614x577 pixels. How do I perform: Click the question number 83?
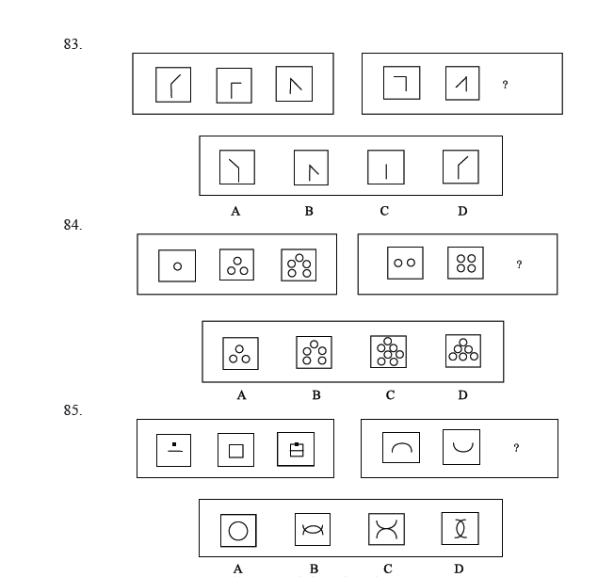[x=73, y=44]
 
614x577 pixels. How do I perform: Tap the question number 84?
[x=73, y=225]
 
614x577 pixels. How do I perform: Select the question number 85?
[x=73, y=410]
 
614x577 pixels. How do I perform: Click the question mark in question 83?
[x=505, y=84]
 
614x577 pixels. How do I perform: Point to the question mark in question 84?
[x=519, y=264]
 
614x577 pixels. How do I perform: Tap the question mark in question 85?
[x=516, y=447]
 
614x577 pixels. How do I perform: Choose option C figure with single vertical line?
[x=386, y=168]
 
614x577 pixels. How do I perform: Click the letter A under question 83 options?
[x=235, y=212]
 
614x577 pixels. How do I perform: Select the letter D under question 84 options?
[x=462, y=395]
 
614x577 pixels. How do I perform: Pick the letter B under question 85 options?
[x=314, y=569]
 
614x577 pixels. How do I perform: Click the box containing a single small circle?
[x=177, y=265]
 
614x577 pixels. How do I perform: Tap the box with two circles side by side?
[x=405, y=263]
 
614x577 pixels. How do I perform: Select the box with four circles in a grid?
[x=465, y=263]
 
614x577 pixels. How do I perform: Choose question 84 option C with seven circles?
[x=388, y=351]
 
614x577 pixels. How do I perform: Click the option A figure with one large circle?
[x=238, y=531]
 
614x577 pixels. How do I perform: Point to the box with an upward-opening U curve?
[x=461, y=447]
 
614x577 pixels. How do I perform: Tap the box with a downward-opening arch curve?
[x=401, y=447]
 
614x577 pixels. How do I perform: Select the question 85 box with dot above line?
[x=174, y=450]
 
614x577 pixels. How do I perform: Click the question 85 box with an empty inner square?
[x=235, y=450]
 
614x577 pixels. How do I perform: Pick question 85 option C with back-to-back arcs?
[x=386, y=529]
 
